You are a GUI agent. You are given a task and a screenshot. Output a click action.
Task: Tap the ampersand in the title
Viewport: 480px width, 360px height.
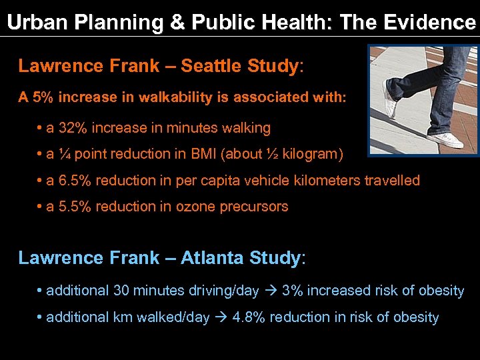tap(177, 23)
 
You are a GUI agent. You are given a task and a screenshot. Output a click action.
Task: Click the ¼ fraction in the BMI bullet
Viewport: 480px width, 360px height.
tap(64, 154)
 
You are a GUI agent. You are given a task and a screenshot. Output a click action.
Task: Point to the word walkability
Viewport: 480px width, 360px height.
tap(175, 97)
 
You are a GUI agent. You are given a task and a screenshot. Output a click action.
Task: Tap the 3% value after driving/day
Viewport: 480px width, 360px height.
tap(292, 291)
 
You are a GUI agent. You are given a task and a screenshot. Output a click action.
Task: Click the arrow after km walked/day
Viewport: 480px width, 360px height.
tap(221, 317)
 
